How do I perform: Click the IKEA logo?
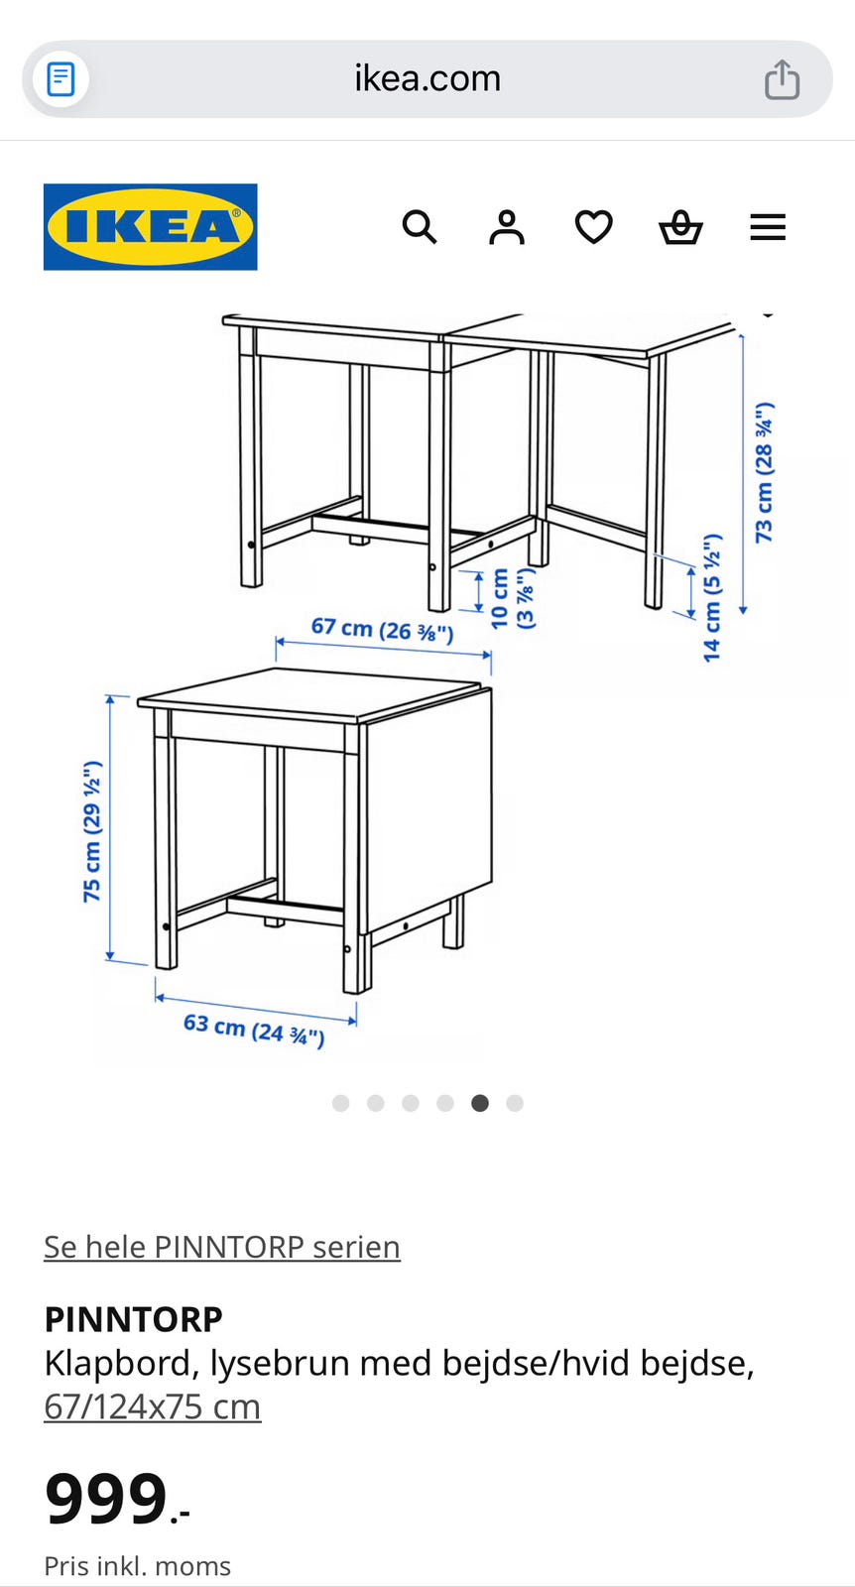coord(150,227)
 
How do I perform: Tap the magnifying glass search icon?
coord(420,227)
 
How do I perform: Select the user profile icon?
coord(507,227)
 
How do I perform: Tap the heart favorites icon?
coord(593,227)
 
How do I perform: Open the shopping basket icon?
coord(680,227)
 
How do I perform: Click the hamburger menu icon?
coord(768,227)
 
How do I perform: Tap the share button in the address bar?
coord(782,79)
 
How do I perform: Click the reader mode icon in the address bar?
coord(61,78)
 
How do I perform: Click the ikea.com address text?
coord(427,78)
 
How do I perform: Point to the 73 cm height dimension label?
coord(764,472)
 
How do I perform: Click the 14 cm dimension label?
coord(712,598)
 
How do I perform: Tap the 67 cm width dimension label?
coord(383,629)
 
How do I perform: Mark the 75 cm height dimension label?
coord(93,832)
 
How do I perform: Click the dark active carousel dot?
coord(480,1103)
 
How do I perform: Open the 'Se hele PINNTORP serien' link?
coord(222,1248)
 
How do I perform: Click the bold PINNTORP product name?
coord(133,1319)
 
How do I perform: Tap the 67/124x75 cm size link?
coord(153,1407)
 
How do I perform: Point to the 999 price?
coord(106,1499)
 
